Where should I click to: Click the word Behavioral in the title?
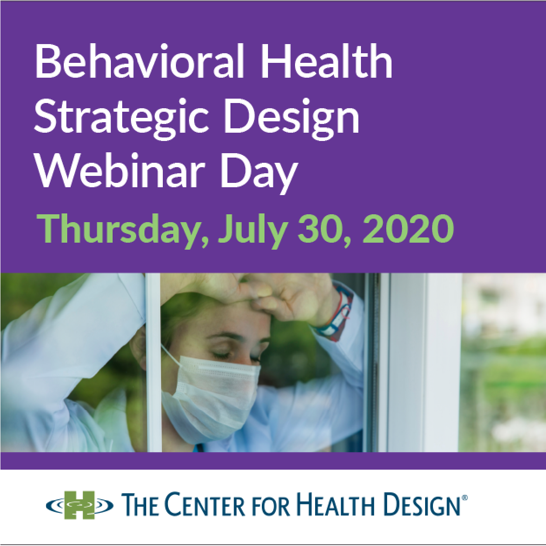(139, 61)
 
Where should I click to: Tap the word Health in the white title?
(327, 61)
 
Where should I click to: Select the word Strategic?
(121, 116)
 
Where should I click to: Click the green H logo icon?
(79, 505)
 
